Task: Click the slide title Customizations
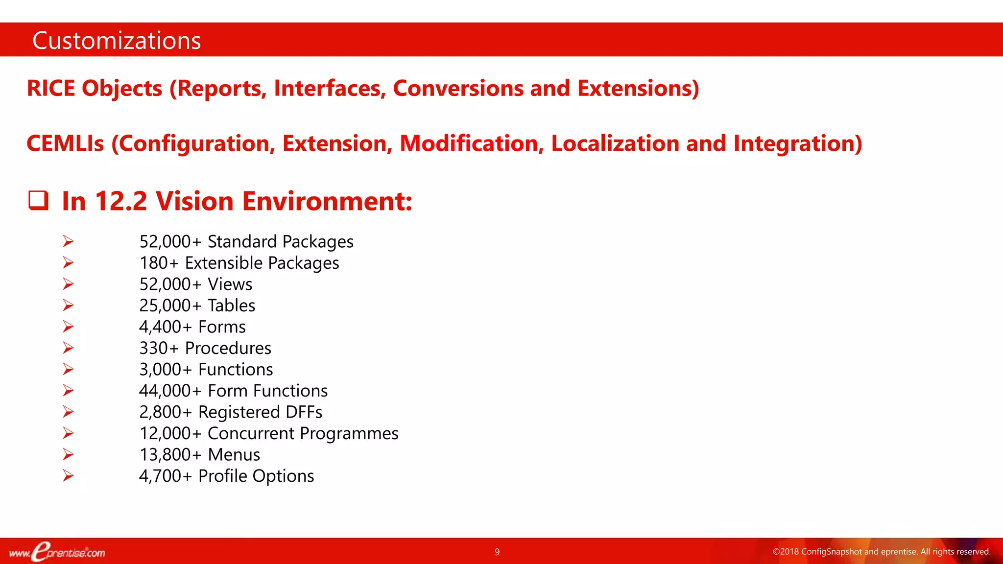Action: (117, 41)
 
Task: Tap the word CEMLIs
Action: (65, 144)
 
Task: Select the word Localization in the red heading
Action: (615, 144)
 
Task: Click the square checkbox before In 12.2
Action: (38, 201)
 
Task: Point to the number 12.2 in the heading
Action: (120, 201)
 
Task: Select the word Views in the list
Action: (230, 284)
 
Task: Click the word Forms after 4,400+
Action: (222, 327)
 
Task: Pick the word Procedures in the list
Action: (228, 348)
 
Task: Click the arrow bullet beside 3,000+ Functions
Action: (68, 369)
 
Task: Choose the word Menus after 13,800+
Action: (234, 455)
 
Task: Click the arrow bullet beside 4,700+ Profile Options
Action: (68, 475)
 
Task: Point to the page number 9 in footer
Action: (497, 552)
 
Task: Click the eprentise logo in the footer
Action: (57, 552)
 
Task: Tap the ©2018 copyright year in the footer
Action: (786, 552)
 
